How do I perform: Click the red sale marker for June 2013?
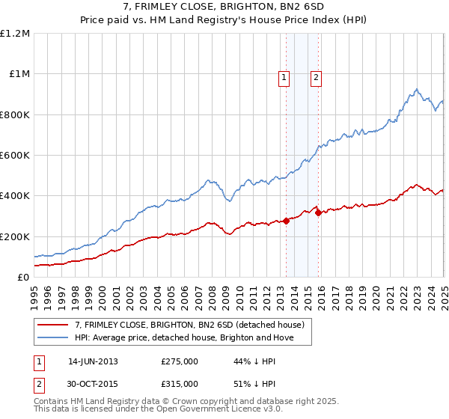click(287, 220)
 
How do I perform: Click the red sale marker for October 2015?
click(319, 212)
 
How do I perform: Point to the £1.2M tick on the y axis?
click(15, 34)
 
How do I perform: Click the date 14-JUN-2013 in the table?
click(93, 361)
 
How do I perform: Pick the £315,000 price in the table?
click(180, 384)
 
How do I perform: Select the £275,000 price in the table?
click(180, 361)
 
